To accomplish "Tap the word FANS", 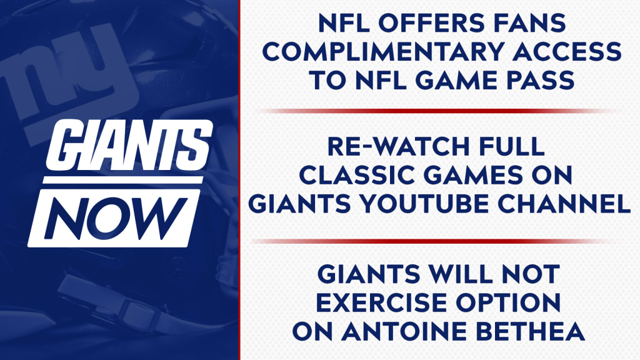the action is (x=530, y=23).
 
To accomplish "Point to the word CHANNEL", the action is (x=564, y=203).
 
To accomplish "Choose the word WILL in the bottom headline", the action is (x=460, y=274).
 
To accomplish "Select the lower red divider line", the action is (x=432, y=241).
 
